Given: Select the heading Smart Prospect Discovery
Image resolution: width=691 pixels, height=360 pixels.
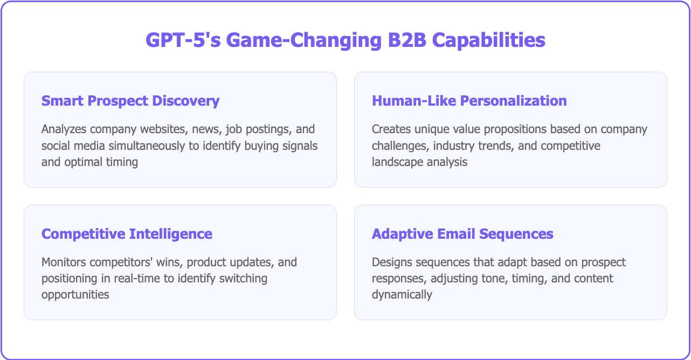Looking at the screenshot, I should click(x=130, y=101).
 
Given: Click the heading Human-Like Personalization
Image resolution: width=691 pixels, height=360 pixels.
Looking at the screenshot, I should click(x=469, y=101).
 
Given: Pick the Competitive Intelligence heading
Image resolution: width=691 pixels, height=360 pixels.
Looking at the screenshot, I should click(x=127, y=234).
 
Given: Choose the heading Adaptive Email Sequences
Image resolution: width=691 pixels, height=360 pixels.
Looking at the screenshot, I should click(x=462, y=234).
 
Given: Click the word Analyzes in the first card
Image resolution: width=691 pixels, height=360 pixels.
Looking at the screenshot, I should click(x=64, y=130).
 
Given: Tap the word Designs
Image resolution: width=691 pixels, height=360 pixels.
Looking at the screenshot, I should click(x=390, y=263).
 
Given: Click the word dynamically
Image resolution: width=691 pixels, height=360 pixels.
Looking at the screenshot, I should click(x=402, y=295).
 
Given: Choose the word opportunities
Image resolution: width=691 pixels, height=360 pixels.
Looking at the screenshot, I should click(x=75, y=295).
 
